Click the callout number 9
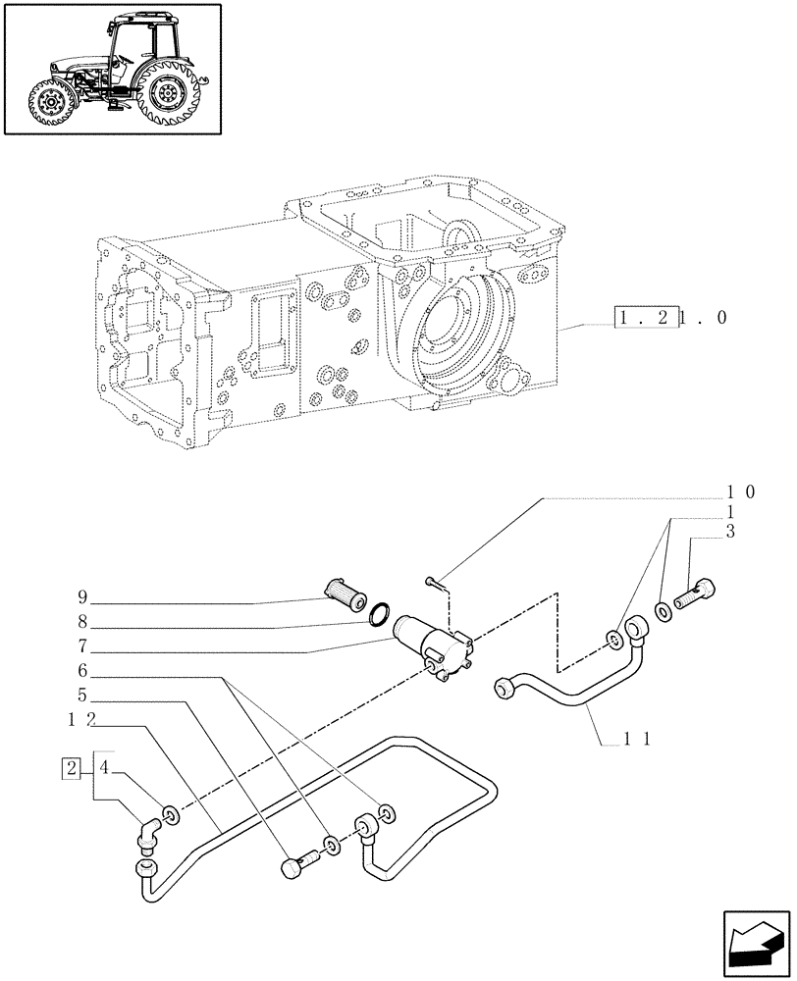(81, 595)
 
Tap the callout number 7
(81, 647)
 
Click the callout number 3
(729, 532)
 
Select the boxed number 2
(71, 767)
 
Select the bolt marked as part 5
(296, 864)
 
